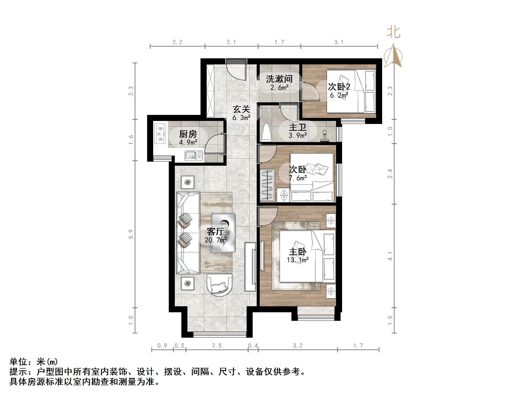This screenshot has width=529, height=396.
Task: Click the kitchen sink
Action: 194,155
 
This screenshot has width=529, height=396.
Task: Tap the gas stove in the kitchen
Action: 160,134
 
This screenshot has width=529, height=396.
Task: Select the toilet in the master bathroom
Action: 267,131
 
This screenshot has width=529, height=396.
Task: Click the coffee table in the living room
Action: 223,233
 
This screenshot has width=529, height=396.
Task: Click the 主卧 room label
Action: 297,252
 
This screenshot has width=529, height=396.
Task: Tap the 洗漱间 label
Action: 279,79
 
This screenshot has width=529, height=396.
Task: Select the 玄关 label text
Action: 241,109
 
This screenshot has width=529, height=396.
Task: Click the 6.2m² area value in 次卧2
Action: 339,95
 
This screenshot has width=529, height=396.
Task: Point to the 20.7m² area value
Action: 215,240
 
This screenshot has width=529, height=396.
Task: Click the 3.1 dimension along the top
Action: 339,42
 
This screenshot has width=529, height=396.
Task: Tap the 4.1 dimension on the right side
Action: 390,256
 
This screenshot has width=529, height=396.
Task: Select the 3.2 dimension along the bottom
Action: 297,346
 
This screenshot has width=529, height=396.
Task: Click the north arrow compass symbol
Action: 393,57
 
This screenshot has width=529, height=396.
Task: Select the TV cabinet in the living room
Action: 250,267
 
